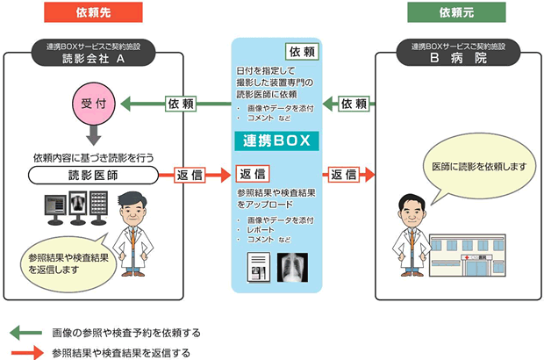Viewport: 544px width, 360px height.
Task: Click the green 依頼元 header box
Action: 450,15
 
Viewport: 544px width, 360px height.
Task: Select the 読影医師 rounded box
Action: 94,175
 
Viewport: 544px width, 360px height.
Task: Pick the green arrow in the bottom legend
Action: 25,333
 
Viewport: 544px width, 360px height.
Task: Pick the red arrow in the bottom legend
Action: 25,352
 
